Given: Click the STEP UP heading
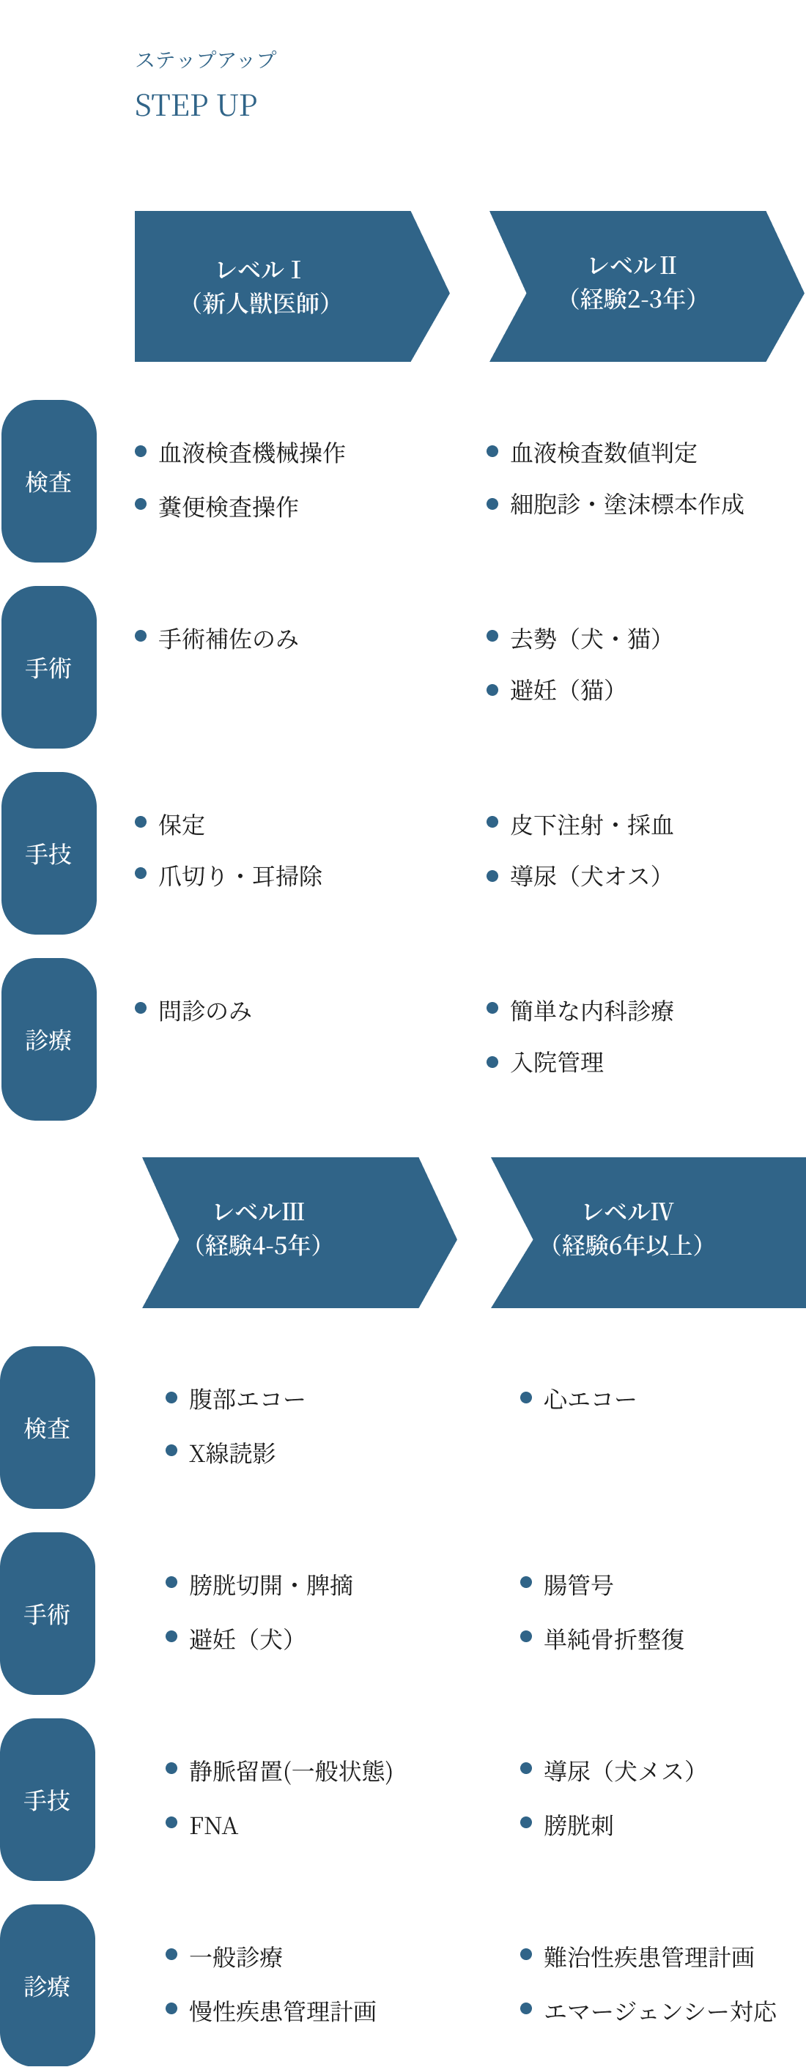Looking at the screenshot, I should [196, 105].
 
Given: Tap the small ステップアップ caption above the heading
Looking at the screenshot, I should [205, 60].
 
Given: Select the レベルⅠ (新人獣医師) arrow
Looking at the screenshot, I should [281, 286].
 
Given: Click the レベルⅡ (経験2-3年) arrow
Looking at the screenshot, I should [638, 286].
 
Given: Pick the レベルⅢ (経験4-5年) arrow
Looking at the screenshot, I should [289, 1232].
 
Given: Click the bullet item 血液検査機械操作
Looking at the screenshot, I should [251, 453].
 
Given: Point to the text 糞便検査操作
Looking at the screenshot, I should [228, 506].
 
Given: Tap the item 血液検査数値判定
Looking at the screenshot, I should [603, 453].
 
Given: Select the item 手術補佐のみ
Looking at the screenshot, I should [228, 639].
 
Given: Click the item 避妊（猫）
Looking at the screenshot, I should [562, 690].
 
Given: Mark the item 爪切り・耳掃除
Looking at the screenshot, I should [240, 876].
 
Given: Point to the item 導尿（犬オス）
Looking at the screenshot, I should [585, 876].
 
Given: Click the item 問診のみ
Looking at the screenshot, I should [204, 1011].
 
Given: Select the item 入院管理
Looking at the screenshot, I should [556, 1064].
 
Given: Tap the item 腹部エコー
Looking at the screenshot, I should [246, 1400].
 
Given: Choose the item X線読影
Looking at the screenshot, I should [232, 1452].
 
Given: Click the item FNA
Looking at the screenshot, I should [213, 1826].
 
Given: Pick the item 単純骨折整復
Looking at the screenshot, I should [614, 1639].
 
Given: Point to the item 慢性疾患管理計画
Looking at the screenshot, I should [282, 2011].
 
